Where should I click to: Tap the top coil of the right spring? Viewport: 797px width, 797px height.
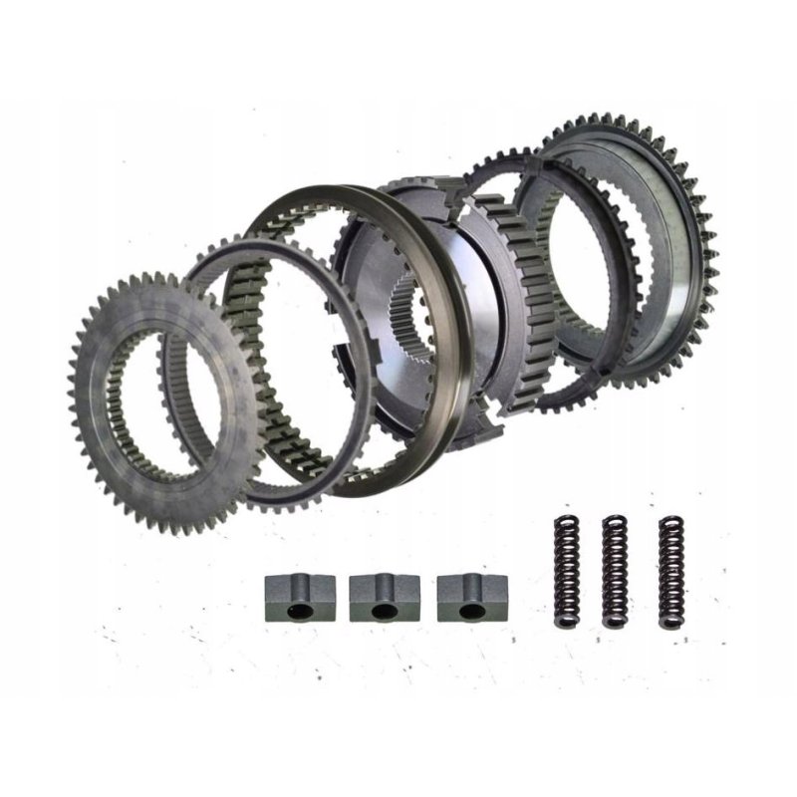[672, 520]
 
